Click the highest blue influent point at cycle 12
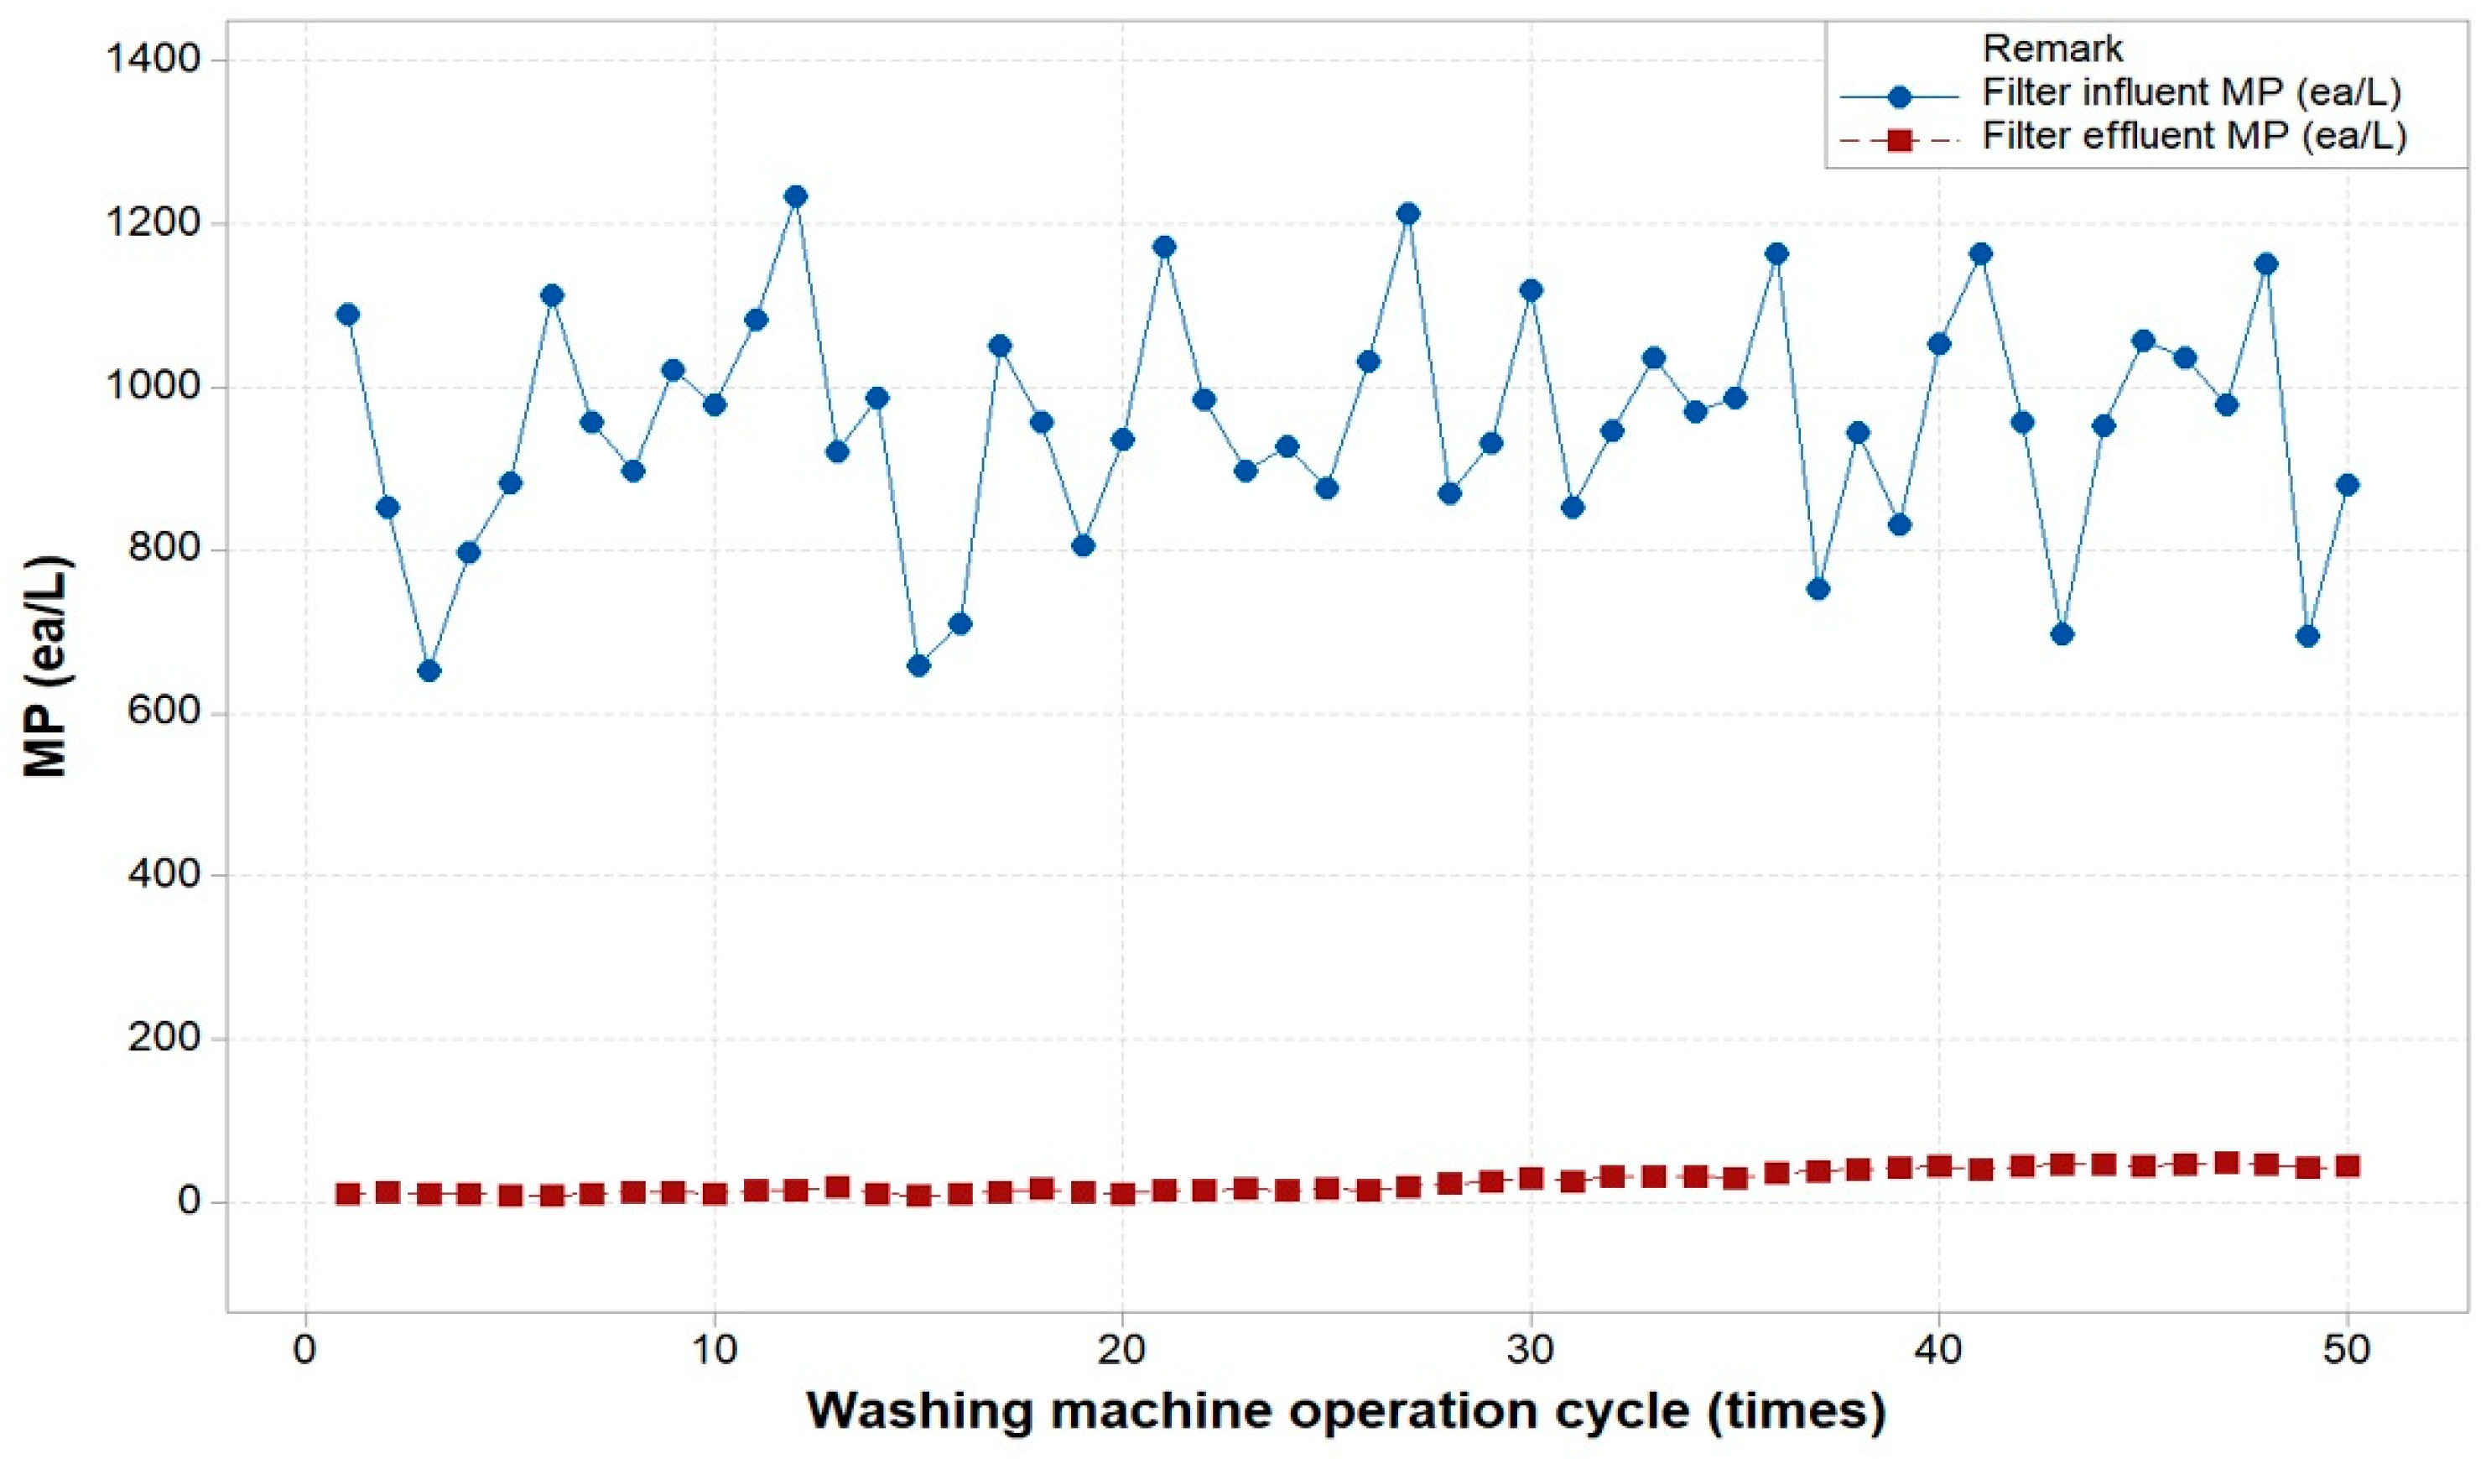coord(796,196)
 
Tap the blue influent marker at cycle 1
coord(347,315)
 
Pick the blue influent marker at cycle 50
coord(2347,484)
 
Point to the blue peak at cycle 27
coord(1409,213)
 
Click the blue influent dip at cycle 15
coord(918,666)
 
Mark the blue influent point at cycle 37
coord(1818,589)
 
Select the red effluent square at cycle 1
coord(347,1195)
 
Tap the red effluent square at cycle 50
coord(2347,1166)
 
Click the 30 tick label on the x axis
coord(1530,1348)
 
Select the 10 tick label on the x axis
coord(713,1348)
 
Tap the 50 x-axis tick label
coord(2346,1348)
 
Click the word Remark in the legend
coord(2052,49)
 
